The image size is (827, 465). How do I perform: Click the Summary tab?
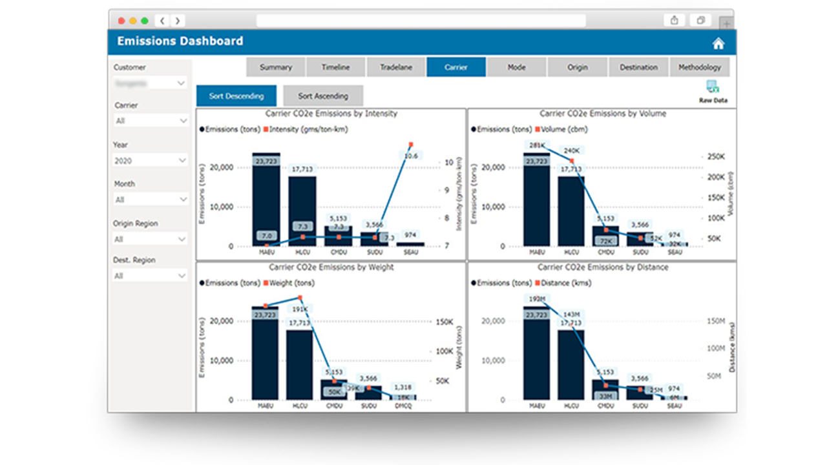click(276, 67)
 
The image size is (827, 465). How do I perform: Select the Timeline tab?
click(336, 67)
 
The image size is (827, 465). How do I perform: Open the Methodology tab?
click(700, 67)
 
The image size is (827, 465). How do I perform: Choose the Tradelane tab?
click(396, 67)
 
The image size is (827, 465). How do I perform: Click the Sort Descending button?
click(236, 96)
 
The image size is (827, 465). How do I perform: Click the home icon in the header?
click(718, 44)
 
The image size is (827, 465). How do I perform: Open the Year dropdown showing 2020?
click(150, 160)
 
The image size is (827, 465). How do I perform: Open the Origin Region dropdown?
click(150, 239)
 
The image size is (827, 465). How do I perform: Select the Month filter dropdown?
click(150, 200)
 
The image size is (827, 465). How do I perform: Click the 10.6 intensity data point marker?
click(411, 145)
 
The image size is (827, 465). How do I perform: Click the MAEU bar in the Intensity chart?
click(266, 200)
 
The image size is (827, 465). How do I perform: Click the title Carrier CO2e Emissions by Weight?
click(331, 267)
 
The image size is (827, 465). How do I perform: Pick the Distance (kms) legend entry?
click(565, 283)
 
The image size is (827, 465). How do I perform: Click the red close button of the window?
click(121, 21)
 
